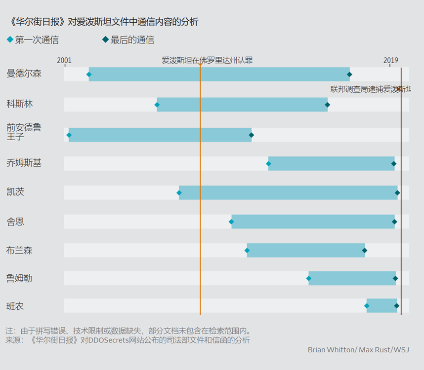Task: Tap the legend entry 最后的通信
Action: coord(128,40)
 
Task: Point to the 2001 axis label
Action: coord(64,61)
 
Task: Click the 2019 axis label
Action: coord(391,61)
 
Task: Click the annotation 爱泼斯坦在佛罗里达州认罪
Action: coord(207,60)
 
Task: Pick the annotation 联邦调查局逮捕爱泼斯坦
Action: coord(370,89)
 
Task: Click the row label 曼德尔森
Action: coord(24,74)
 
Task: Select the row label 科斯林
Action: coord(20,104)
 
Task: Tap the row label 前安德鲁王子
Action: coord(24,132)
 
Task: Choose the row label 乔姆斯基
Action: coord(24,163)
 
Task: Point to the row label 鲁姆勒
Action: coord(19,278)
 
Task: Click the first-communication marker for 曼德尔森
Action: coord(89,74)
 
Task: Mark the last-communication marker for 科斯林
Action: coord(327,105)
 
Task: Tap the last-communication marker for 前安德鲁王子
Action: coord(251,135)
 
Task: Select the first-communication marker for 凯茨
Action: coord(179,192)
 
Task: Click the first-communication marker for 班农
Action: coord(367,306)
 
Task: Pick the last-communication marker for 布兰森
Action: coord(364,251)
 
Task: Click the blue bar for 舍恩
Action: coord(312,222)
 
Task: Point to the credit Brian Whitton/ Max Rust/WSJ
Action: coord(358,350)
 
